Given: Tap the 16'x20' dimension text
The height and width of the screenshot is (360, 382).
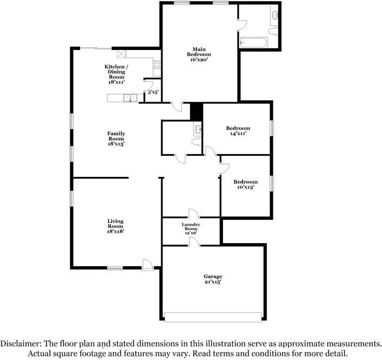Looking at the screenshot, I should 199,60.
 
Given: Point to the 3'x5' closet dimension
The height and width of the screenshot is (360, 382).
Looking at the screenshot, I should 153,93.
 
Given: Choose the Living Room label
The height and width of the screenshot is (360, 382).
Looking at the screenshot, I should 115,224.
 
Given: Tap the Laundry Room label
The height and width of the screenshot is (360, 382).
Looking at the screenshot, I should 191,227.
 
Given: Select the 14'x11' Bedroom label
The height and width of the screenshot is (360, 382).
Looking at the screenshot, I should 238,131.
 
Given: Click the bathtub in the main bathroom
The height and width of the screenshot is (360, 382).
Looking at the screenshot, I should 252,42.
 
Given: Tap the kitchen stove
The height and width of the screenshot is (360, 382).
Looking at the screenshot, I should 157,68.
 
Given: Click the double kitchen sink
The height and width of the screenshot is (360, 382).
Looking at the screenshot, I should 130,98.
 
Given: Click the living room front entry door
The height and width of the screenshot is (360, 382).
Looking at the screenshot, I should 147,264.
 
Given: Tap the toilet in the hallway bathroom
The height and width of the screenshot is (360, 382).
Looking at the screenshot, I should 195,141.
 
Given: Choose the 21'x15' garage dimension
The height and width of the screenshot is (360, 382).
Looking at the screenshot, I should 213,282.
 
